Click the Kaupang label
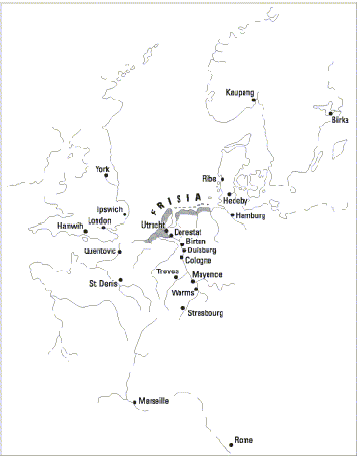point(238,93)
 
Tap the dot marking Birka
point(330,113)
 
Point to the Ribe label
point(209,179)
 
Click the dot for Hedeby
point(229,194)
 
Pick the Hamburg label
point(249,215)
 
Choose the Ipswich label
point(109,209)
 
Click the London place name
point(100,220)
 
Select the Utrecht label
point(153,225)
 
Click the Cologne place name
point(198,260)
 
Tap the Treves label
point(168,271)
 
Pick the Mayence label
point(208,275)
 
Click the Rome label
point(243,441)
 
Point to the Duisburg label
point(203,249)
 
